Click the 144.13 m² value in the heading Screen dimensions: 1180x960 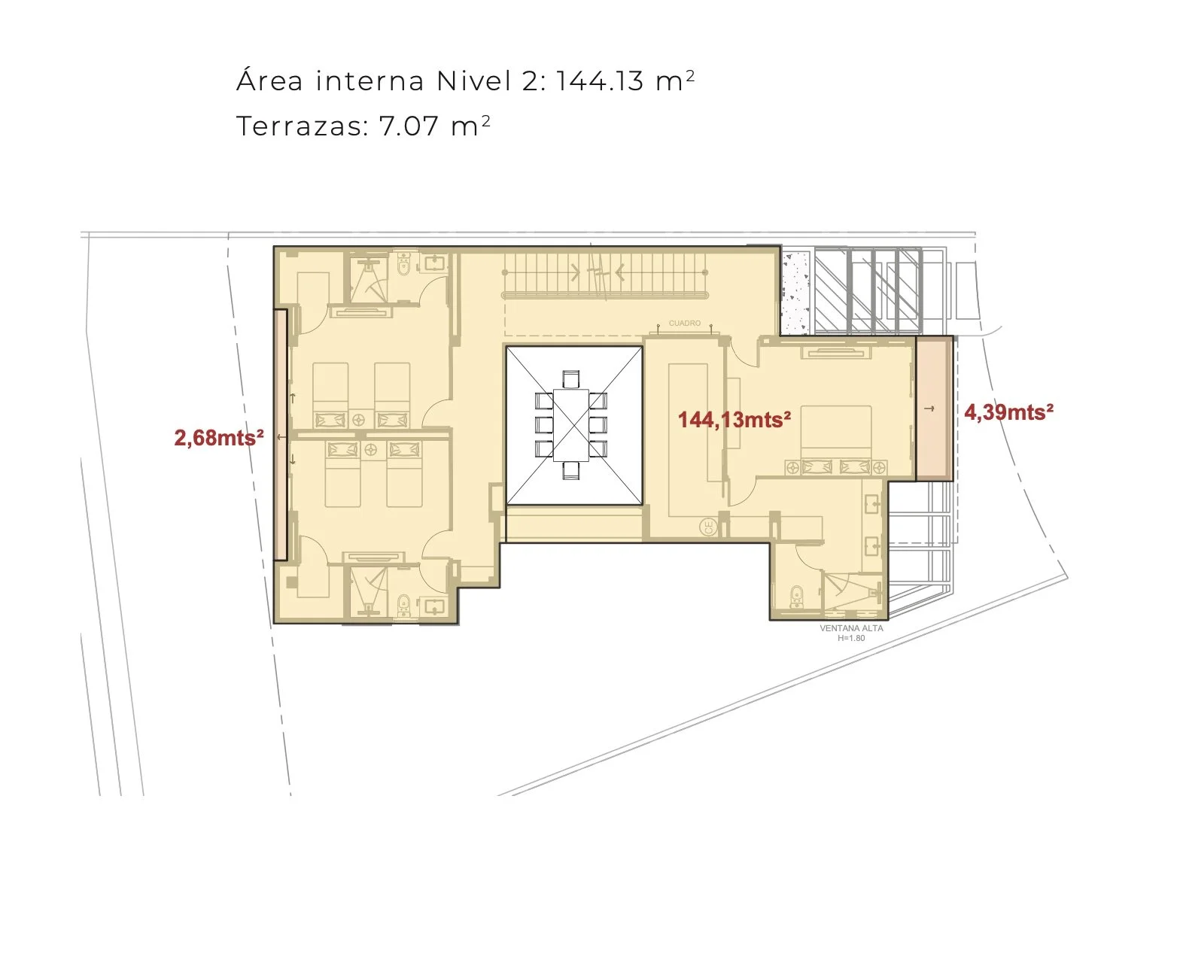pyautogui.click(x=625, y=81)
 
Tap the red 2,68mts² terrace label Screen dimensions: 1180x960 pyautogui.click(x=219, y=437)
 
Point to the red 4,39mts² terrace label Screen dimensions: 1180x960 pyautogui.click(x=1008, y=412)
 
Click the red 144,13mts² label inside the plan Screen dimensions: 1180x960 pyautogui.click(x=734, y=419)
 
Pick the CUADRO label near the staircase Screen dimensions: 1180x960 pyautogui.click(x=685, y=323)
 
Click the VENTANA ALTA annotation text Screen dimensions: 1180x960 pyautogui.click(x=851, y=628)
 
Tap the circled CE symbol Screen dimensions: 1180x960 pyautogui.click(x=709, y=527)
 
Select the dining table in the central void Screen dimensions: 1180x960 pyautogui.click(x=570, y=425)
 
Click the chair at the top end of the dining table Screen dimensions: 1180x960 pyautogui.click(x=570, y=380)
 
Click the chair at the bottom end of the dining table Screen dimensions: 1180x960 pyautogui.click(x=571, y=470)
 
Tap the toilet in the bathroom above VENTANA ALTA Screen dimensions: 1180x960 pyautogui.click(x=796, y=597)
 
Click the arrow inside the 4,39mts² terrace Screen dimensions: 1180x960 pyautogui.click(x=930, y=409)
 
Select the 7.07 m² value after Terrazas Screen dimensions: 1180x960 pyautogui.click(x=434, y=126)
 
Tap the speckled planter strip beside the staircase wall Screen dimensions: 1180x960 pyautogui.click(x=795, y=290)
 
